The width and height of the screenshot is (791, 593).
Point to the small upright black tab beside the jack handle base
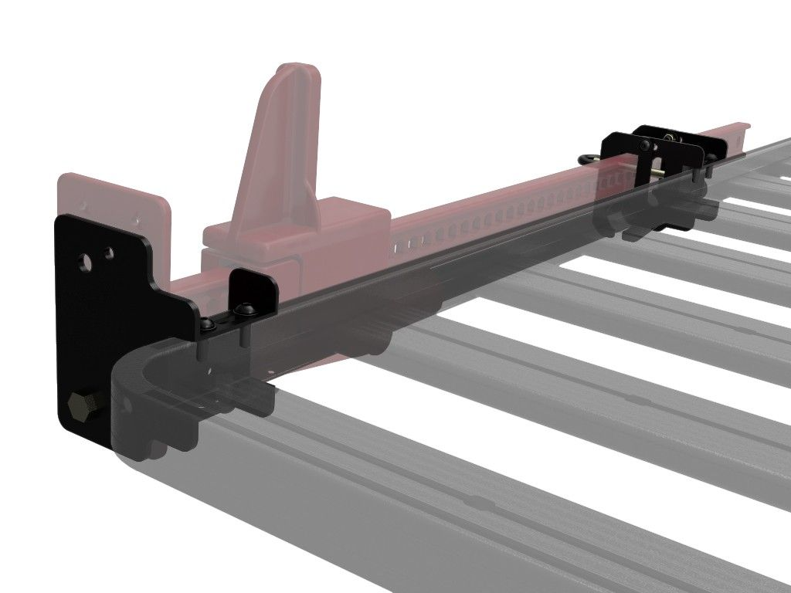coord(255,287)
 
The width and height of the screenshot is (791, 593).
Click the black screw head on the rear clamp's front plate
coord(643,146)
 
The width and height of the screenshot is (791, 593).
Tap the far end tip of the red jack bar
coord(742,125)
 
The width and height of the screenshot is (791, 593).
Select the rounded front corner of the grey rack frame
coord(135,386)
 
